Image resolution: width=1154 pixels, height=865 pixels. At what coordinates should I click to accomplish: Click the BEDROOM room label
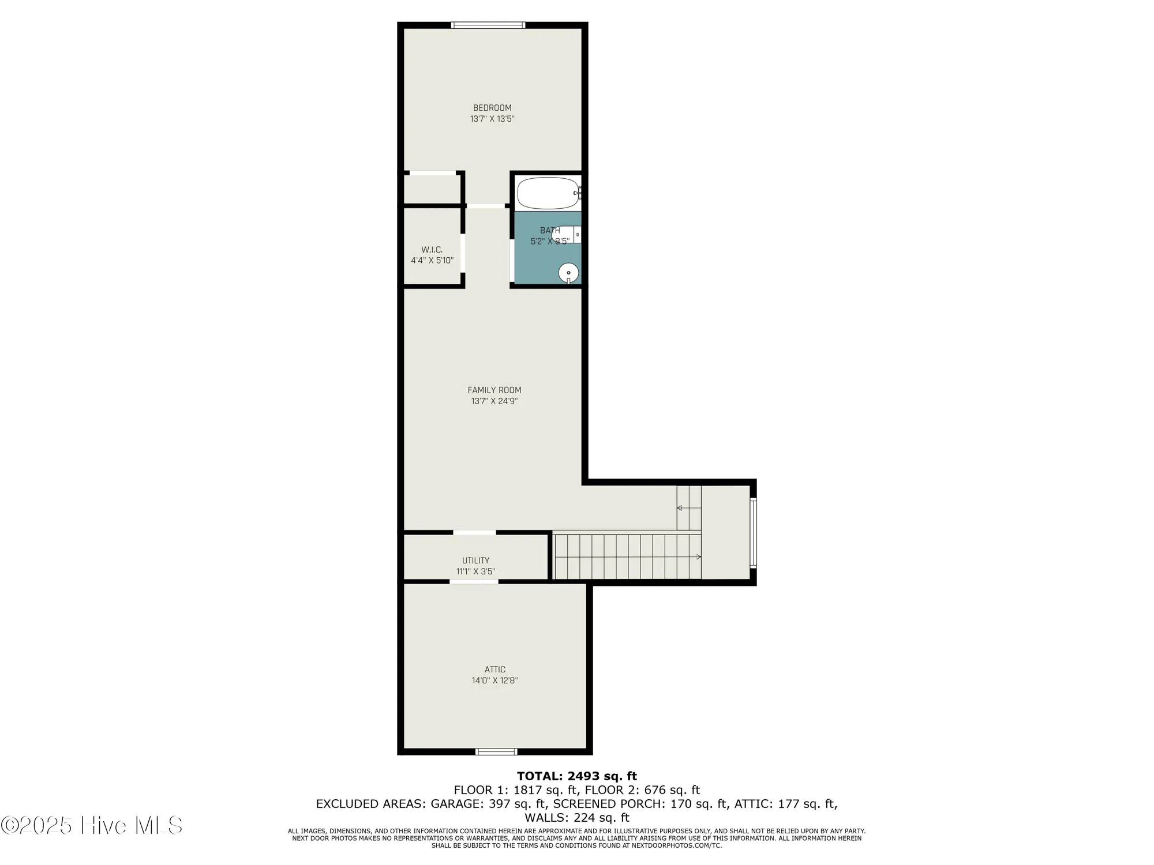point(492,108)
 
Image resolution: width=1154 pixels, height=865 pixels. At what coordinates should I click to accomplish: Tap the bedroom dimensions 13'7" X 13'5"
point(492,119)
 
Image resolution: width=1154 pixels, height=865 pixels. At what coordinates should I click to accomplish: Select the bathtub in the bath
point(548,193)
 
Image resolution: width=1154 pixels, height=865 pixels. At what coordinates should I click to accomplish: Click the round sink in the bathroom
point(568,273)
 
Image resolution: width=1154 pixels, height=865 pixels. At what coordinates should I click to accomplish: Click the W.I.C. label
point(432,250)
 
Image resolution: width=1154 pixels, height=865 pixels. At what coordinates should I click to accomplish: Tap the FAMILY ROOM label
point(494,390)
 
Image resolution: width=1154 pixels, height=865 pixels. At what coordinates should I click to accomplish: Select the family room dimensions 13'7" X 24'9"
point(494,401)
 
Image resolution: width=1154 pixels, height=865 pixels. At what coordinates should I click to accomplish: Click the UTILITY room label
point(475,561)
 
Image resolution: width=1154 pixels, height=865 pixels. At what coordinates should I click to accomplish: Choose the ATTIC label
point(494,670)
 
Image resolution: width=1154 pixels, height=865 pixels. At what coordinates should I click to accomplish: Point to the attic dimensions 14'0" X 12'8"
point(494,680)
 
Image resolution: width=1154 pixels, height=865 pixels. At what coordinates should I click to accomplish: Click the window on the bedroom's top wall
point(488,25)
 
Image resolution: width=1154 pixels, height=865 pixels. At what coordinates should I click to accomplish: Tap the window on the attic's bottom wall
point(496,751)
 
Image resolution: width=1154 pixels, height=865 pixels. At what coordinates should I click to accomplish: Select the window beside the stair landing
point(753,533)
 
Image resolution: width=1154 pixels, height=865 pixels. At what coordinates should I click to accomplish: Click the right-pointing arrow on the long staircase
point(698,556)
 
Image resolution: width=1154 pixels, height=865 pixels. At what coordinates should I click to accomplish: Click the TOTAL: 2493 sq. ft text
point(576,776)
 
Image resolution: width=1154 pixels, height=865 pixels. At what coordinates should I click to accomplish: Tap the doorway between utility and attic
point(474,582)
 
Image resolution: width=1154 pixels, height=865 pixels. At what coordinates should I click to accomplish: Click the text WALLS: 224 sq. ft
point(576,818)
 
